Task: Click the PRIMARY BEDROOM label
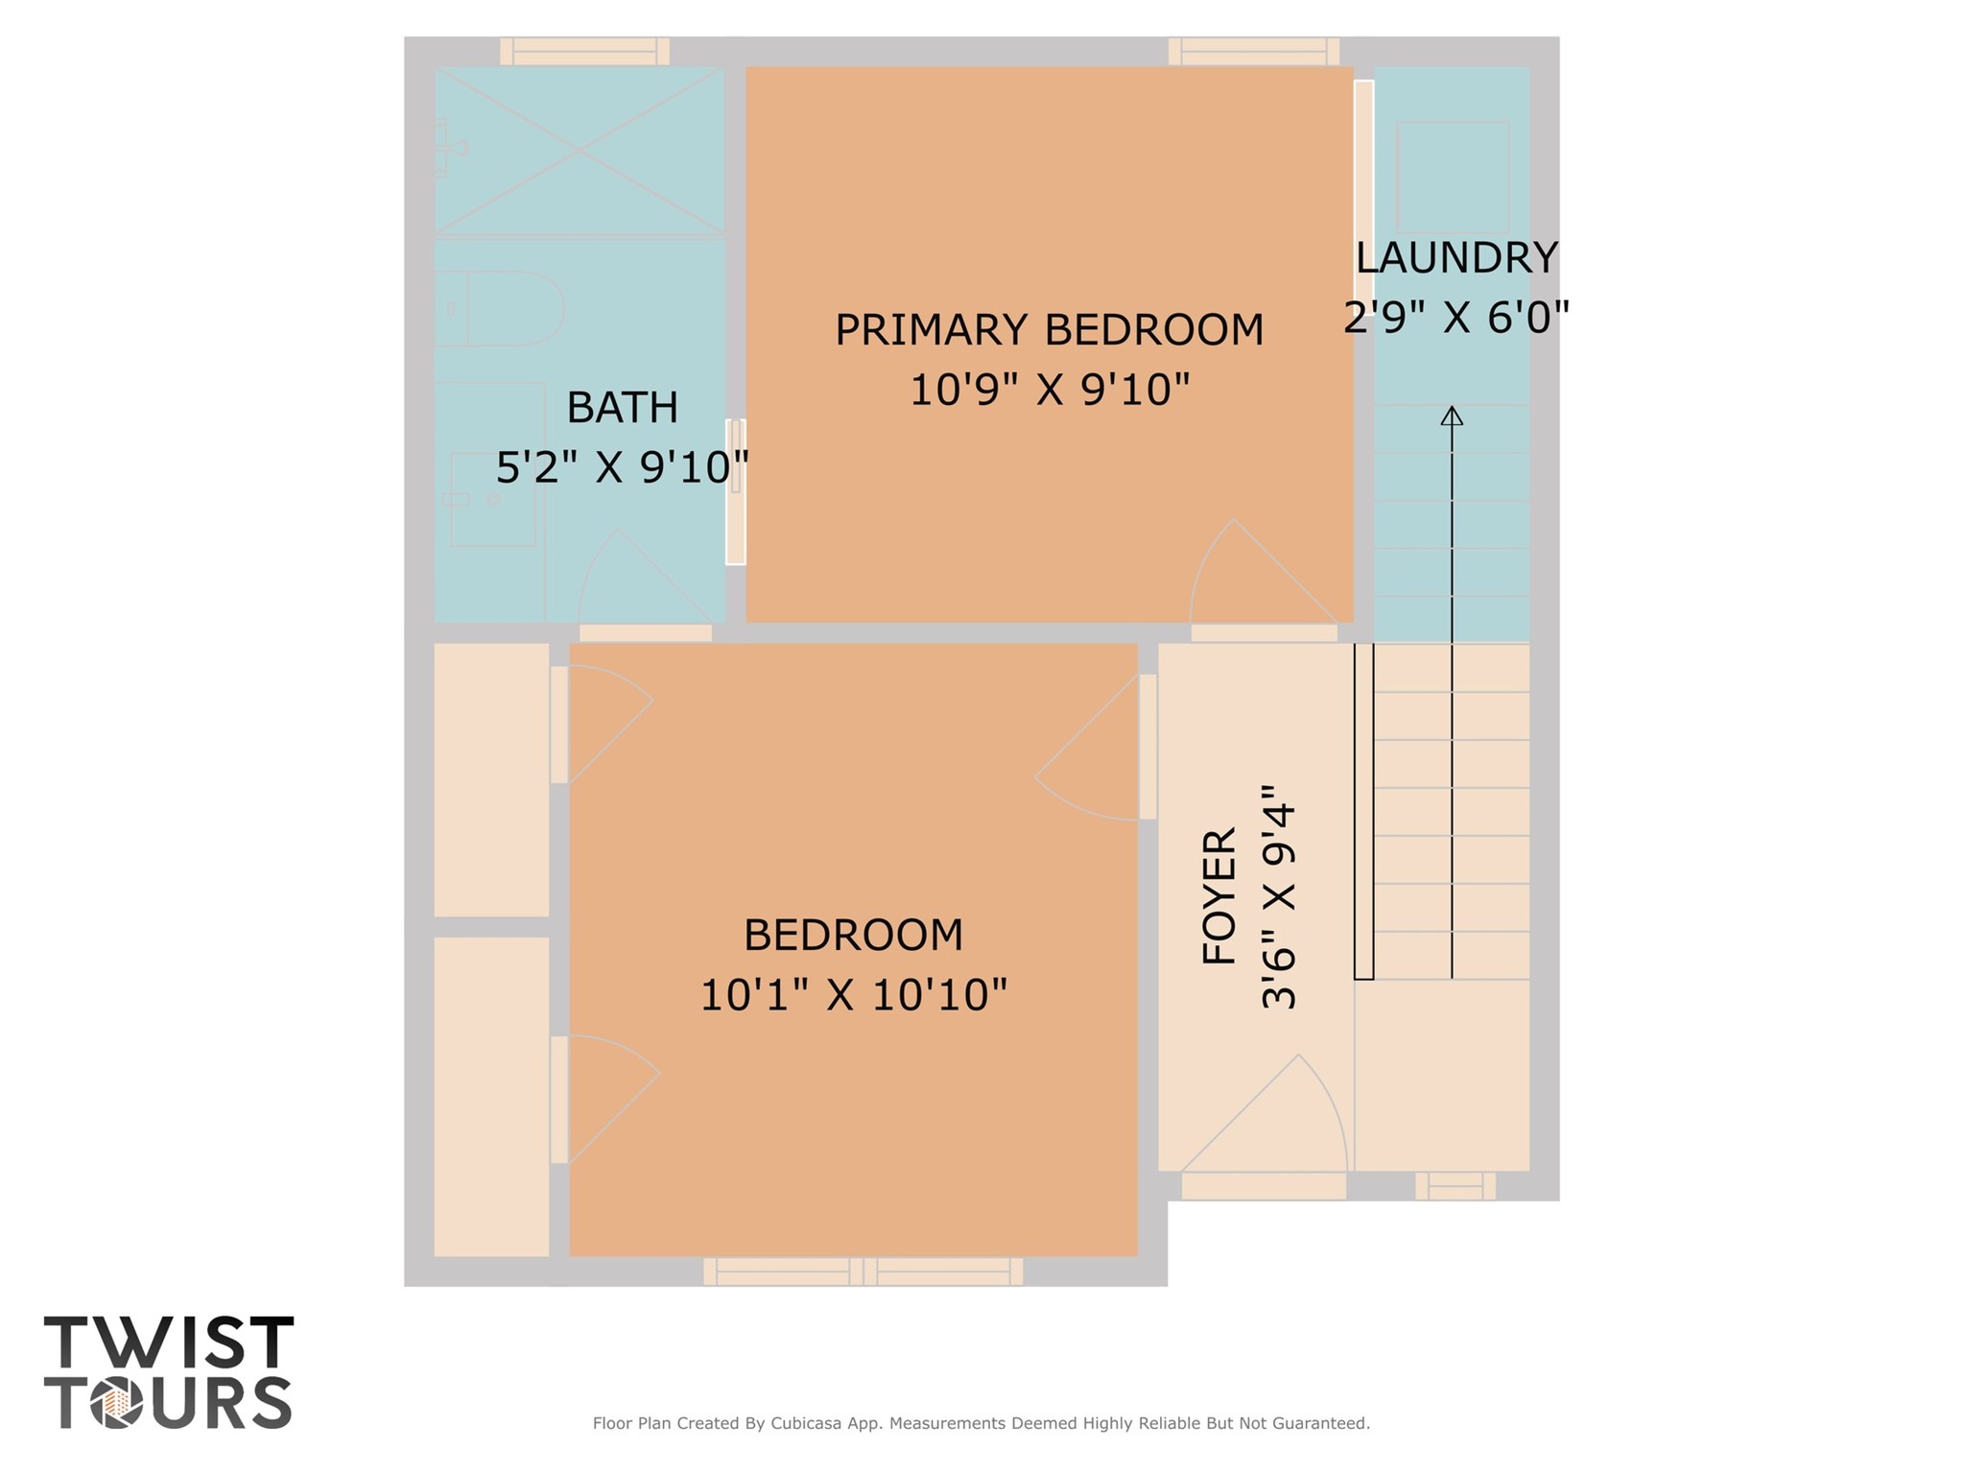pyautogui.click(x=1049, y=330)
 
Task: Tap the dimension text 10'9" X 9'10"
pyautogui.click(x=1049, y=391)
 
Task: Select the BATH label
pyautogui.click(x=622, y=408)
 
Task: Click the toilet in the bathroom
pyautogui.click(x=509, y=309)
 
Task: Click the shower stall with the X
pyautogui.click(x=580, y=150)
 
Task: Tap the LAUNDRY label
pyautogui.click(x=1455, y=258)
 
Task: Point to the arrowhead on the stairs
pyautogui.click(x=1452, y=416)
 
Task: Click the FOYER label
pyautogui.click(x=1219, y=896)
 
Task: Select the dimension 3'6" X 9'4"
pyautogui.click(x=1279, y=896)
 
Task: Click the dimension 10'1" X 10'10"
pyautogui.click(x=853, y=995)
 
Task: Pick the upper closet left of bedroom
pyautogui.click(x=491, y=779)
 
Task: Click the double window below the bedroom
pyautogui.click(x=863, y=1271)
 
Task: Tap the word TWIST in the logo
pyautogui.click(x=169, y=1342)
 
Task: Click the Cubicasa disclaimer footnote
pyautogui.click(x=981, y=1423)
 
